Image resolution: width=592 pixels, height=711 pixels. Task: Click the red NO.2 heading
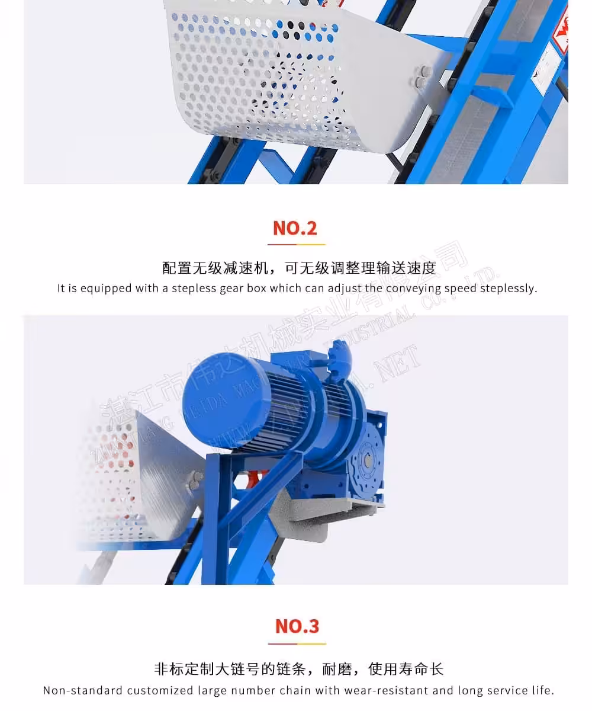(295, 228)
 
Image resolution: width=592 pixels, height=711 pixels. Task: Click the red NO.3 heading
(297, 626)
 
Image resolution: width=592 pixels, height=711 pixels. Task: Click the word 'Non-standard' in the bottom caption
(83, 690)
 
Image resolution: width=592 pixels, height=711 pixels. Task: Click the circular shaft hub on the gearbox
(367, 458)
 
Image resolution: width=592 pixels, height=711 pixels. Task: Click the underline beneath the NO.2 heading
(296, 244)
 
